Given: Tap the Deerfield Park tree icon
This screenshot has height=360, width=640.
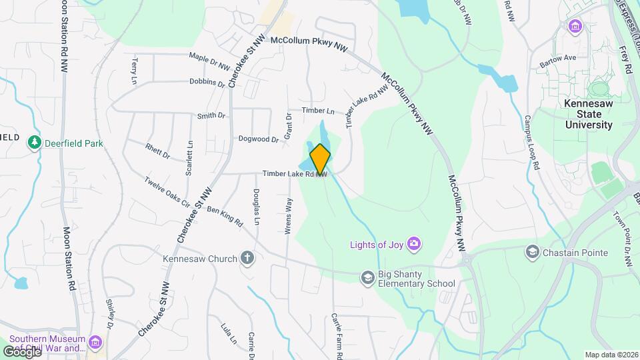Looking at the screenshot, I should pyautogui.click(x=35, y=142).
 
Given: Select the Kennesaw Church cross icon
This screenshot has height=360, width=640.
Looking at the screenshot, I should pyautogui.click(x=247, y=259).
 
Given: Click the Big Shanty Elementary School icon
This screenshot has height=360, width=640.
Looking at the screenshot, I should pyautogui.click(x=367, y=277).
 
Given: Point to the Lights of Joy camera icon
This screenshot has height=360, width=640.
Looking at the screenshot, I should pyautogui.click(x=414, y=244).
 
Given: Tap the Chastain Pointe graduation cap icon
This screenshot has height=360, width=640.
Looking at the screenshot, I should pyautogui.click(x=532, y=252).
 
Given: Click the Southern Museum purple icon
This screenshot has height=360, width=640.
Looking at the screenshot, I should pyautogui.click(x=96, y=343).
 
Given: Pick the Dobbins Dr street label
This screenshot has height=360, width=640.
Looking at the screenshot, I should pyautogui.click(x=207, y=83).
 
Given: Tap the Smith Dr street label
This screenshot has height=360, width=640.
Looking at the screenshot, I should pyautogui.click(x=211, y=116).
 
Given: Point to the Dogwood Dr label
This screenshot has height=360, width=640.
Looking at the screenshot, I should pyautogui.click(x=259, y=139).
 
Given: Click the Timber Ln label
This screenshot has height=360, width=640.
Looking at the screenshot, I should pyautogui.click(x=318, y=110).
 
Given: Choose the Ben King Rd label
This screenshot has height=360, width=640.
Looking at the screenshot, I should pyautogui.click(x=224, y=217).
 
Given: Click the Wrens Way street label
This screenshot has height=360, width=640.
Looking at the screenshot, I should pyautogui.click(x=289, y=213).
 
